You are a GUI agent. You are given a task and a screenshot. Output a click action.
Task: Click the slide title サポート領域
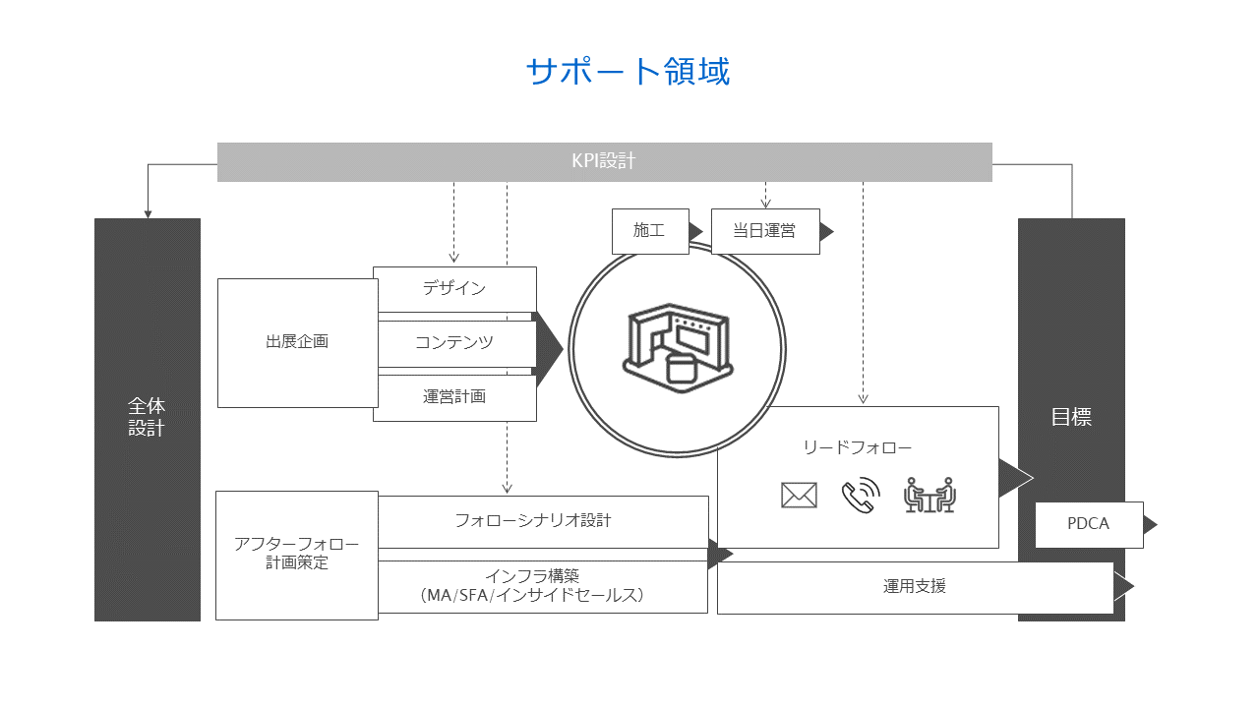pyautogui.click(x=629, y=72)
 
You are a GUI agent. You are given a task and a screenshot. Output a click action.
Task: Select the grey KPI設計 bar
pyautogui.click(x=604, y=162)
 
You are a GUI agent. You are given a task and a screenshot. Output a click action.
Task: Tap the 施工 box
pyautogui.click(x=649, y=231)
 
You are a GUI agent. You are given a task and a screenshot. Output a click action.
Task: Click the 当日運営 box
pyautogui.click(x=764, y=231)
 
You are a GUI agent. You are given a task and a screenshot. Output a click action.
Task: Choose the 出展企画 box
pyautogui.click(x=297, y=342)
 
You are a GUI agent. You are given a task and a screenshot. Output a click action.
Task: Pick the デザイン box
pyautogui.click(x=454, y=289)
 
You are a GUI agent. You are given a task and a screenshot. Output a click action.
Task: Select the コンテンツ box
pyautogui.click(x=454, y=343)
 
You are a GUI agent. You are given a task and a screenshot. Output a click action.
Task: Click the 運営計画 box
pyautogui.click(x=454, y=397)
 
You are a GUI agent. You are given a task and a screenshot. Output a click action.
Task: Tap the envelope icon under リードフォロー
pyautogui.click(x=799, y=496)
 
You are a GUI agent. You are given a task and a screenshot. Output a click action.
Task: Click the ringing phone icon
pyautogui.click(x=861, y=496)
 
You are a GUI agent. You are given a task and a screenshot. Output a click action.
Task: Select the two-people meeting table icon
pyautogui.click(x=929, y=496)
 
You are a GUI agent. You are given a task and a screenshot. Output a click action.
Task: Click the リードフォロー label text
pyautogui.click(x=858, y=448)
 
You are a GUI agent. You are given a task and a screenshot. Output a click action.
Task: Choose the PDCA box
pyautogui.click(x=1089, y=524)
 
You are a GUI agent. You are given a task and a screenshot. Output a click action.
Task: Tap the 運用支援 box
pyautogui.click(x=915, y=587)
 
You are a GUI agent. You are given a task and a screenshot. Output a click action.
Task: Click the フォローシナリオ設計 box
pyautogui.click(x=543, y=521)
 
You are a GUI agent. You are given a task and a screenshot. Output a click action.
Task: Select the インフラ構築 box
pyautogui.click(x=543, y=586)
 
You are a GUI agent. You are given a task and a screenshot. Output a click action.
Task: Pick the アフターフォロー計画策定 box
pyautogui.click(x=296, y=555)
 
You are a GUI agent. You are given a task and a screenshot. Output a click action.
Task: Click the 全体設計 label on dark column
pyautogui.click(x=147, y=417)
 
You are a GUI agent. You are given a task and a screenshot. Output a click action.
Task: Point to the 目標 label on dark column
pyautogui.click(x=1071, y=417)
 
